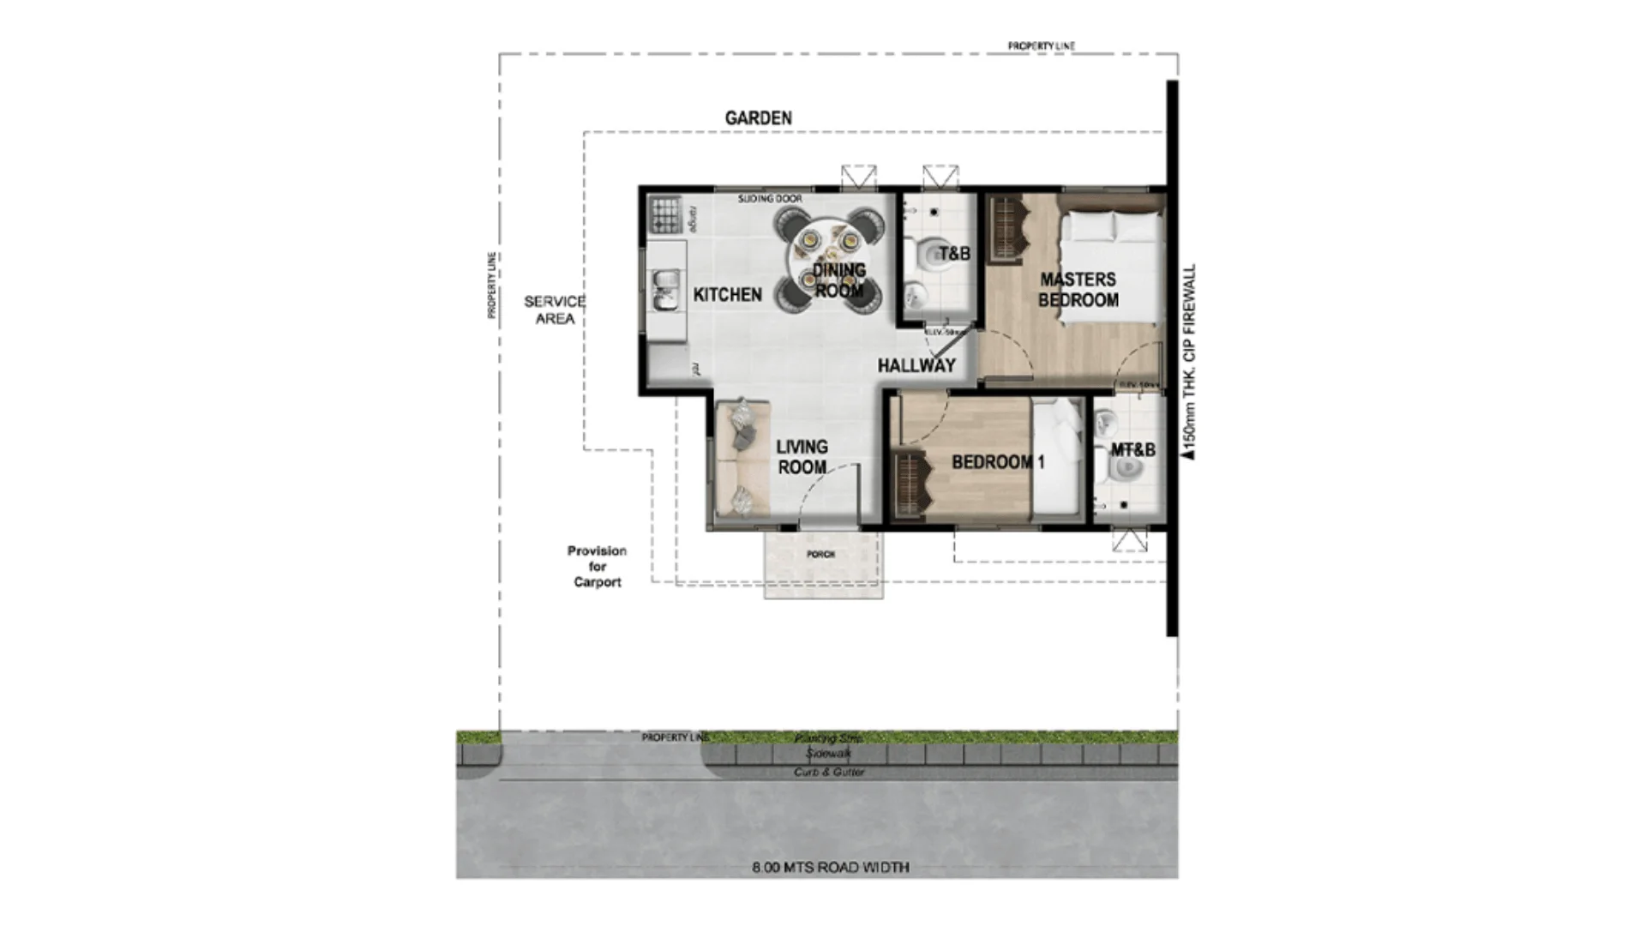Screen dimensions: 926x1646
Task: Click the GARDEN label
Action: coord(758,118)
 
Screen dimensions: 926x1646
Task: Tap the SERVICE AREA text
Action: coord(555,310)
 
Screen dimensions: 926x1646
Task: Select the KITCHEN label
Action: coord(727,295)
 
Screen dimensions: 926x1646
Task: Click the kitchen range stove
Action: coord(665,215)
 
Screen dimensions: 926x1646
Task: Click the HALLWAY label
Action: coord(916,365)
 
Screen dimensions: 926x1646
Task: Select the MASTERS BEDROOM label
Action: coord(1078,290)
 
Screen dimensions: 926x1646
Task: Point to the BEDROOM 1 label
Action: coord(998,462)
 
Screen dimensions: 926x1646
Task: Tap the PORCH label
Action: coord(820,555)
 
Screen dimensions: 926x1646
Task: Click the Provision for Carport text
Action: coord(597,566)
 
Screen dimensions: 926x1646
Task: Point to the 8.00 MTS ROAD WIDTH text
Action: coord(830,867)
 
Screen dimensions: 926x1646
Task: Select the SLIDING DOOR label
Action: coord(770,199)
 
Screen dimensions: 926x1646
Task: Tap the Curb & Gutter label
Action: coord(828,772)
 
